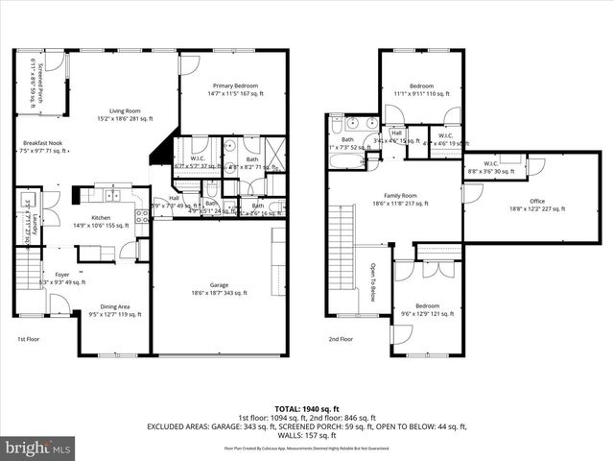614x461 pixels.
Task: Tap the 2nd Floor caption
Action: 340,339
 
